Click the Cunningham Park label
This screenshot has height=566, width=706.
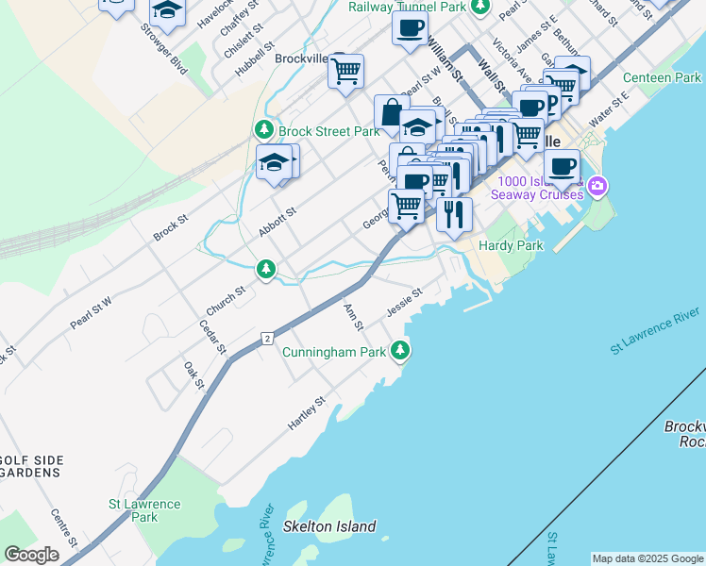(334, 352)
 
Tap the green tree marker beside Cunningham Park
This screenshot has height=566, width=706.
(401, 351)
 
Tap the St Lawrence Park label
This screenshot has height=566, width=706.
(144, 510)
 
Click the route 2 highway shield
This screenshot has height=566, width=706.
(268, 338)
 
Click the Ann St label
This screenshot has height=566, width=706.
(354, 318)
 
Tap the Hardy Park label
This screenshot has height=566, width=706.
(511, 245)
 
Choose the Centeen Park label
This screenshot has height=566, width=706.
(662, 77)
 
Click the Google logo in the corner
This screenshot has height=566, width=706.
(31, 555)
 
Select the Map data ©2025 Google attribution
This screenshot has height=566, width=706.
(647, 558)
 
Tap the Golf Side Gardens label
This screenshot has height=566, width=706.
(32, 466)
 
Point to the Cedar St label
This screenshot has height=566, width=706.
(212, 337)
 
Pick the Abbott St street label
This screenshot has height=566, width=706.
(277, 224)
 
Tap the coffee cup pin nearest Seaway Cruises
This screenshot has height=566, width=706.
(562, 166)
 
